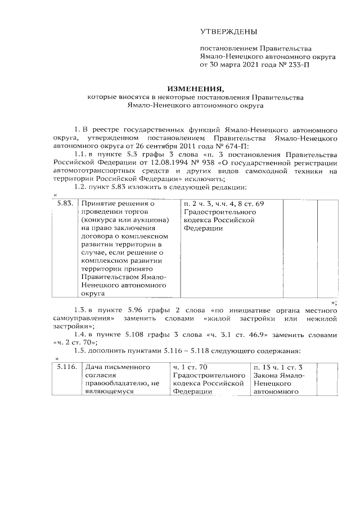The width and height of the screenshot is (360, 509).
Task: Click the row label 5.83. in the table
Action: (65, 202)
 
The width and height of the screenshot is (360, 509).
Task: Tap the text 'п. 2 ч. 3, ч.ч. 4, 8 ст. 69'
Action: (223, 202)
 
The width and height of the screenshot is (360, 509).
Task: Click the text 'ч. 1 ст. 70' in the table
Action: (191, 367)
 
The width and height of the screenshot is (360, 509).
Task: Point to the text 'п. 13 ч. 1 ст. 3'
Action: (278, 367)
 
